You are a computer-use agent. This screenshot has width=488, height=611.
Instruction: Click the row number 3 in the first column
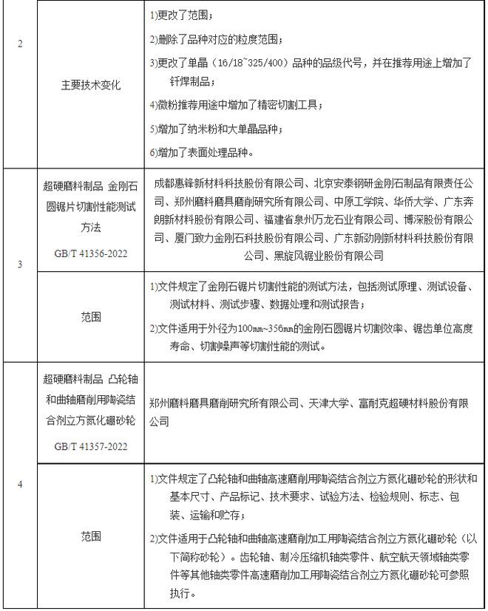pyautogui.click(x=19, y=265)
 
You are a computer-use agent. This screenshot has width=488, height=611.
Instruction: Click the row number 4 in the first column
pyautogui.click(x=19, y=484)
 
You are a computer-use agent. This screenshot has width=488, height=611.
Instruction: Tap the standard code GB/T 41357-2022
pyautogui.click(x=91, y=446)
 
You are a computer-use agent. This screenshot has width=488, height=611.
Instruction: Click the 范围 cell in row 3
pyautogui.click(x=91, y=316)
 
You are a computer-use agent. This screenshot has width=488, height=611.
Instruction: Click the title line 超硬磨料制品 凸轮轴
pyautogui.click(x=91, y=381)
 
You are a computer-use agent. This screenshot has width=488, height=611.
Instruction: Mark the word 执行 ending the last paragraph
pyautogui.click(x=168, y=593)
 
